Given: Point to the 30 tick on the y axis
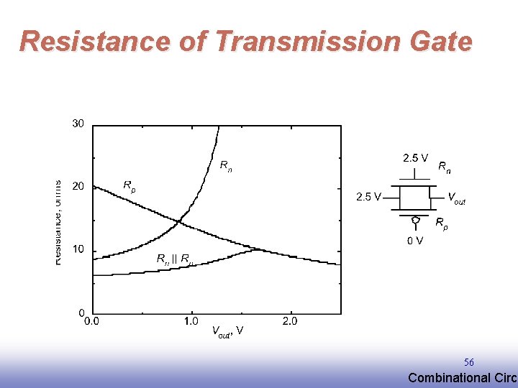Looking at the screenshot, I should tap(78, 124).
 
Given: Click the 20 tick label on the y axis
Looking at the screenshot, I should tap(78, 186).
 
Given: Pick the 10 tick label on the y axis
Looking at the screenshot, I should tap(78, 249).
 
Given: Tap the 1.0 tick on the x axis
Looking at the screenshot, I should tap(191, 321).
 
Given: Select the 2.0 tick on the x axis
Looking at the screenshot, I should tap(289, 321).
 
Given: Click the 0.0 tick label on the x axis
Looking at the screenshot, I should tap(92, 321).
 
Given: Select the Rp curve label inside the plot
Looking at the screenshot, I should tap(129, 185).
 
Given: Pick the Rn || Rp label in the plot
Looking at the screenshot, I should tap(175, 259).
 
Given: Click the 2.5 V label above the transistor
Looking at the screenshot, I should tap(416, 157).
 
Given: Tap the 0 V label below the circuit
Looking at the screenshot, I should tap(415, 241).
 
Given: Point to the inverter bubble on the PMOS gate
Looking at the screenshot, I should tap(415, 219).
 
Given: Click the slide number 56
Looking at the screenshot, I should tap(468, 363).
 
